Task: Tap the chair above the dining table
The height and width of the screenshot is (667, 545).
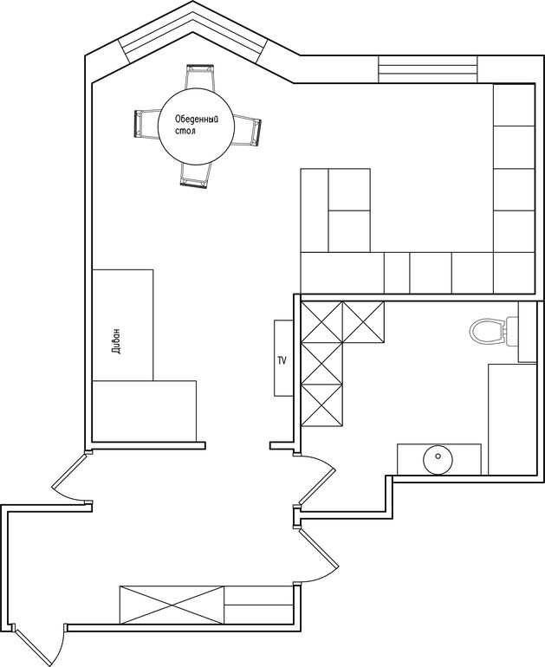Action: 199,76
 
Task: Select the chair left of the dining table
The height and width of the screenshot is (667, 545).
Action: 146,123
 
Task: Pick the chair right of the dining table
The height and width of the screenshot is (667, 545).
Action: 246,130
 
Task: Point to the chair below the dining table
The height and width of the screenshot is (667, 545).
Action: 195,174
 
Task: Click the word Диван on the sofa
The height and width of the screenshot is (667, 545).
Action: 118,340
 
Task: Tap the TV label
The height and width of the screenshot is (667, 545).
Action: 282,361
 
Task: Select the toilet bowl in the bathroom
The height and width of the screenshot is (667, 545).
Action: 486,331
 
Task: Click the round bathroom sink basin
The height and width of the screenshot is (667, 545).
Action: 438,459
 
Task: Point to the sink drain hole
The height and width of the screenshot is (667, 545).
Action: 438,456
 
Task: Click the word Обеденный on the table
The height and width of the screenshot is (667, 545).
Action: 197,120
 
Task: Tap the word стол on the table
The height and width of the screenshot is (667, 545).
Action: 185,131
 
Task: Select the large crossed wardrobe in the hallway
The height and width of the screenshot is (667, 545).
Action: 172,605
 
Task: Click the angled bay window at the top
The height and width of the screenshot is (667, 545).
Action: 192,32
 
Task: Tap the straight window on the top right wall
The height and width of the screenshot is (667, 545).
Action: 427,69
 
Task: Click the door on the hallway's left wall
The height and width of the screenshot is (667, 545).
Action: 71,477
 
